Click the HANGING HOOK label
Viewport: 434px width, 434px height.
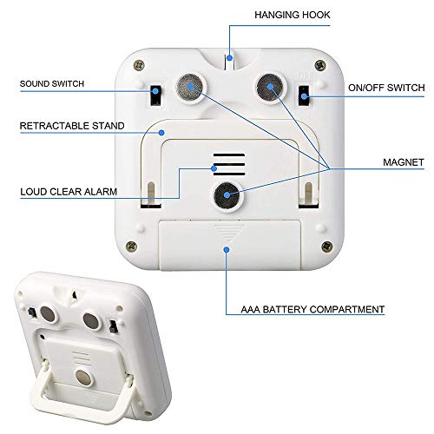(x=293, y=15)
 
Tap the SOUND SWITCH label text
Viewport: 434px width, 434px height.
(x=52, y=84)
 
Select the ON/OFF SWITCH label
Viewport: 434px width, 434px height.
(x=386, y=88)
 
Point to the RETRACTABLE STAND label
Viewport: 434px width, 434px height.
(x=72, y=126)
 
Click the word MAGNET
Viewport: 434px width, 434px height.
(x=404, y=162)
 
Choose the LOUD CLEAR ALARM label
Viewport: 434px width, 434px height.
(x=69, y=192)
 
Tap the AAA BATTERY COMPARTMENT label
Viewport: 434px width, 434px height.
(x=312, y=309)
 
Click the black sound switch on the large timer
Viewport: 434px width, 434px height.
(x=155, y=95)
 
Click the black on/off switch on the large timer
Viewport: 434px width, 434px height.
(x=304, y=95)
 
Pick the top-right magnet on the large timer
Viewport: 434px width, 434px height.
(x=270, y=88)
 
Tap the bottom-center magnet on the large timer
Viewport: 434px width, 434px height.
(x=227, y=196)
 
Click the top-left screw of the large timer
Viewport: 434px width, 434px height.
(x=139, y=65)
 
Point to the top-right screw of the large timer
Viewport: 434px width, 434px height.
(x=320, y=65)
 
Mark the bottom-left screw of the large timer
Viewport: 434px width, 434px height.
(x=131, y=247)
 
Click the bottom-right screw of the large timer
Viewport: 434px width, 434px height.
(x=327, y=247)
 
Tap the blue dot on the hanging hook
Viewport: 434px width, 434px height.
(x=229, y=58)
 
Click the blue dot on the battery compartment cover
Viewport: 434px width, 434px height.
(x=227, y=249)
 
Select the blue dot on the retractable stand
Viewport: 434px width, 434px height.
(x=161, y=133)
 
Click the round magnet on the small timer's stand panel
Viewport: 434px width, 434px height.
(x=84, y=378)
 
